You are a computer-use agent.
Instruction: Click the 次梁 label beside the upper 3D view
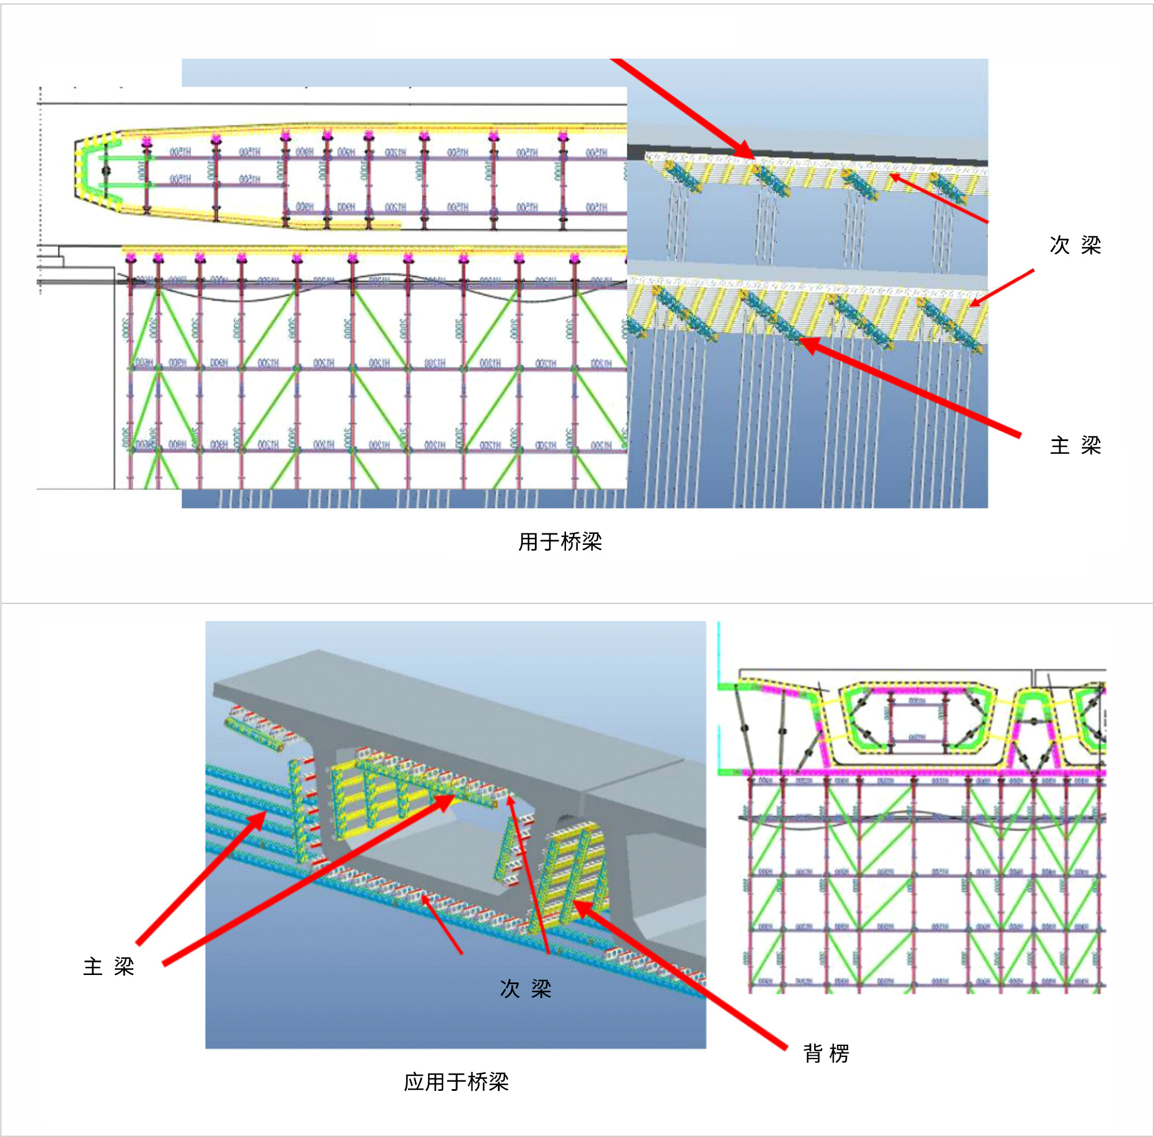(1074, 244)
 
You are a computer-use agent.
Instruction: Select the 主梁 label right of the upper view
(1074, 445)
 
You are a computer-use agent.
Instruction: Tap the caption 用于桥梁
(560, 541)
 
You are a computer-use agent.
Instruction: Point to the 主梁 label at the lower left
(108, 966)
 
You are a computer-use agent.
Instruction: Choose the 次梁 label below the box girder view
(525, 988)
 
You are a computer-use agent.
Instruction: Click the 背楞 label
(826, 1053)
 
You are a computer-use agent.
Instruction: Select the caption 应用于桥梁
(456, 1082)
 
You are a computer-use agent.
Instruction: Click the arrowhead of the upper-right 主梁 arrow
(803, 341)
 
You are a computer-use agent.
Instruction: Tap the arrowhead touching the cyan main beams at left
(263, 815)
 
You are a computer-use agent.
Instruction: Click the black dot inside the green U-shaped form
(106, 171)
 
